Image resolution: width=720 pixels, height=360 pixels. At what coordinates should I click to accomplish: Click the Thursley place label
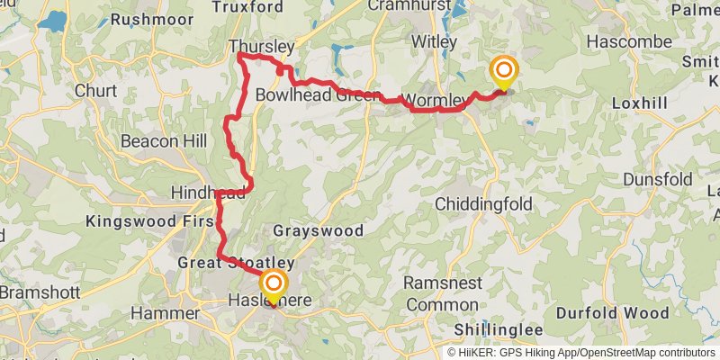click(262, 46)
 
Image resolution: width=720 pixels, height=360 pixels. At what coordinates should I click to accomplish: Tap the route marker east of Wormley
click(503, 72)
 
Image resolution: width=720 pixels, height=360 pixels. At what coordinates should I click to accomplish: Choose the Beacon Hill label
click(164, 141)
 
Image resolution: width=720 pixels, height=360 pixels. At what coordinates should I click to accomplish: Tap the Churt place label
click(95, 91)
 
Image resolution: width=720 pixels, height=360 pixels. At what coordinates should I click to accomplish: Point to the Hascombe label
click(629, 42)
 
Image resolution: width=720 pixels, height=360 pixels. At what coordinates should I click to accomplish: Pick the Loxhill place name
click(639, 103)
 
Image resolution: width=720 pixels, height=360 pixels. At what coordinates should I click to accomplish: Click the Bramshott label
click(40, 293)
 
